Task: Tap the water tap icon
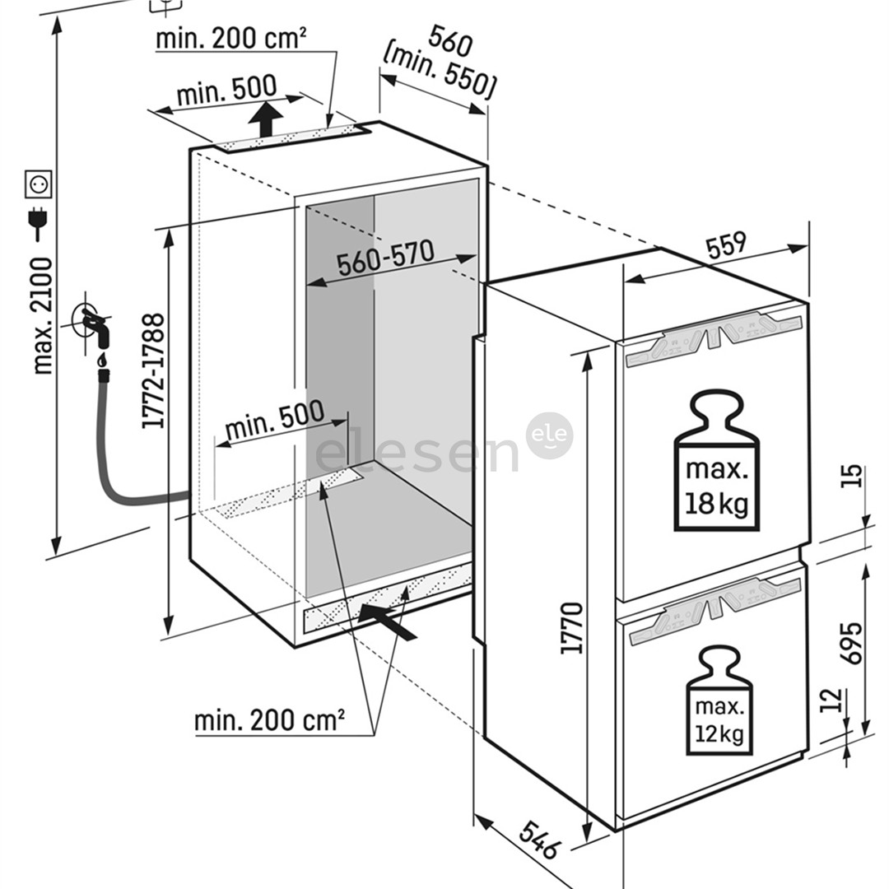click(93, 325)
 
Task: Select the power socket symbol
click(39, 184)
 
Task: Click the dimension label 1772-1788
click(154, 371)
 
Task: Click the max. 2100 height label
click(40, 315)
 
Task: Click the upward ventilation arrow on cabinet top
click(265, 120)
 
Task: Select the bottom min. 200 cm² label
click(269, 720)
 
